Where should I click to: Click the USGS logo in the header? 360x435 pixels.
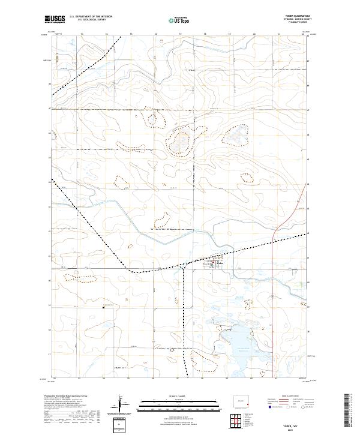(55, 19)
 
